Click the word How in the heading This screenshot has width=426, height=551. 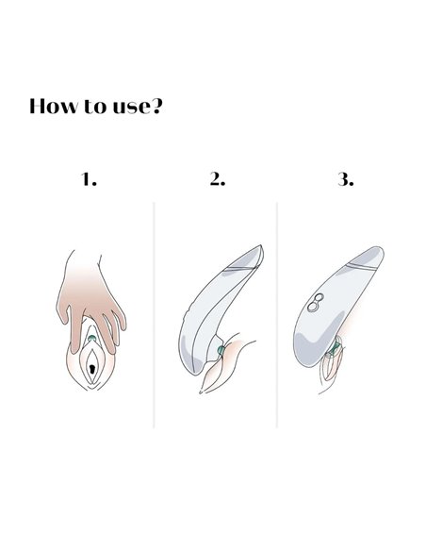(x=53, y=106)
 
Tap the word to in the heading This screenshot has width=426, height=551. (x=94, y=106)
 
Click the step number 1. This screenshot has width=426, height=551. (x=89, y=179)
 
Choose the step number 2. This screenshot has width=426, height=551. (x=217, y=179)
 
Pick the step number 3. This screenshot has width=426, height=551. (x=346, y=179)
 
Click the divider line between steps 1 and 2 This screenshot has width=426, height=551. (x=154, y=315)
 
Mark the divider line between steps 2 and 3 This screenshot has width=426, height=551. (x=277, y=315)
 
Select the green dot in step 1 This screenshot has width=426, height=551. (x=92, y=339)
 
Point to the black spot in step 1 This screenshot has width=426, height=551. (x=92, y=369)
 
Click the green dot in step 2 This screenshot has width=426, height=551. (x=221, y=350)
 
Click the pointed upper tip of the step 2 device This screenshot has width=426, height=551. (x=261, y=245)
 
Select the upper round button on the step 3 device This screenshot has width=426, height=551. (x=319, y=298)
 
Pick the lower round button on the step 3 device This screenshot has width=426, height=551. (x=312, y=308)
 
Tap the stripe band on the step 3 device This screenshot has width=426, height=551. (x=361, y=266)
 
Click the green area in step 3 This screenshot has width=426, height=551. (x=334, y=348)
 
